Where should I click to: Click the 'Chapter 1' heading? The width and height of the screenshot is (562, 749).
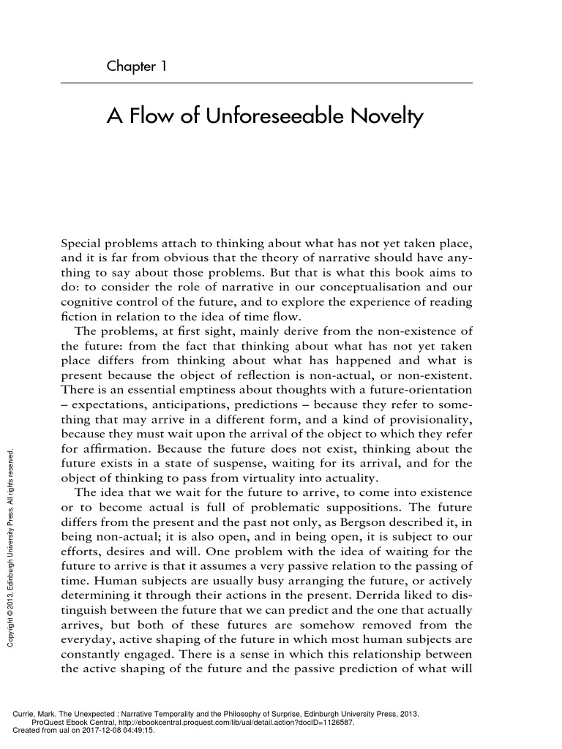[x=137, y=67]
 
